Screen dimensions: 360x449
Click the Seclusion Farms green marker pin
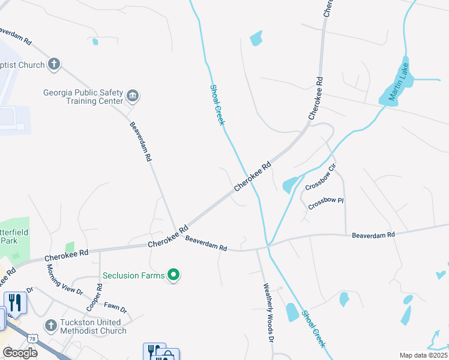click(x=173, y=275)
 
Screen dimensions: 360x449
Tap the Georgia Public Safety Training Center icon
click(x=133, y=95)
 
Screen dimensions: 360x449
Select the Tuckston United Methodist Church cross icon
click(x=52, y=326)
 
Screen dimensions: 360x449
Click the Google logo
click(x=20, y=352)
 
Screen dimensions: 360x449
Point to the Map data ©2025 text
click(x=423, y=355)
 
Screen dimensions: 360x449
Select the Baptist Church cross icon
click(x=53, y=64)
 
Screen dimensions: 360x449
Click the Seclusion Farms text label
click(x=133, y=275)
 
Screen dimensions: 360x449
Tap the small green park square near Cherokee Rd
click(x=70, y=247)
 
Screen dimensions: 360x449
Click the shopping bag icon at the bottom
click(x=167, y=355)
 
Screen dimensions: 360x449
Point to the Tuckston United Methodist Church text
click(x=93, y=326)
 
